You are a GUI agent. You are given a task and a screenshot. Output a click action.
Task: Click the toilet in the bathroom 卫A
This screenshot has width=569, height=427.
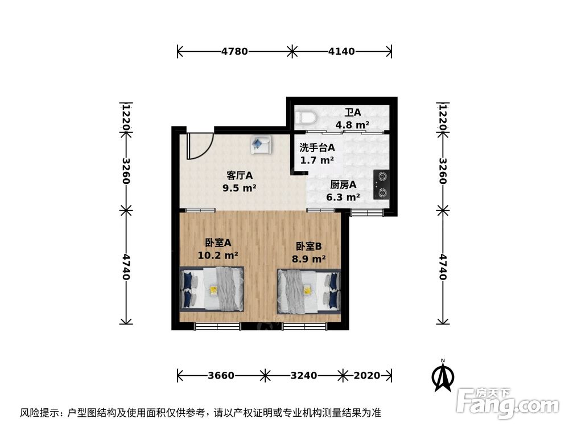[x=306, y=118]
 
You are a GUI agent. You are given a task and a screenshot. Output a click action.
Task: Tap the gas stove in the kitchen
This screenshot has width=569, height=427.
[x=382, y=185]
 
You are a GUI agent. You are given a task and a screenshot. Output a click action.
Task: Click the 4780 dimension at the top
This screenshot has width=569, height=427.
[x=234, y=51]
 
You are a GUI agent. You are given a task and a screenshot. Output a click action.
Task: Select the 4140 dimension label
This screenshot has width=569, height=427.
[x=341, y=51]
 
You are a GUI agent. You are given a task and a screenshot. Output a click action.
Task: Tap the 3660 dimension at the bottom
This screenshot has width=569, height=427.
[x=221, y=376]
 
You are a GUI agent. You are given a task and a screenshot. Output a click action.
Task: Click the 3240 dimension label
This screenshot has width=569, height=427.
[x=304, y=376]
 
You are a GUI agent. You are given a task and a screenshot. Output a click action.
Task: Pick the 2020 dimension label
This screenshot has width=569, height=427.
[x=367, y=376]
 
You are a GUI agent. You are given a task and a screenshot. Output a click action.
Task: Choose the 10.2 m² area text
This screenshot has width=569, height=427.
[x=217, y=256]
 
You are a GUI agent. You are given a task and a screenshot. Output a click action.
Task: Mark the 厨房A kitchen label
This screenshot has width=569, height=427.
[x=343, y=184]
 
